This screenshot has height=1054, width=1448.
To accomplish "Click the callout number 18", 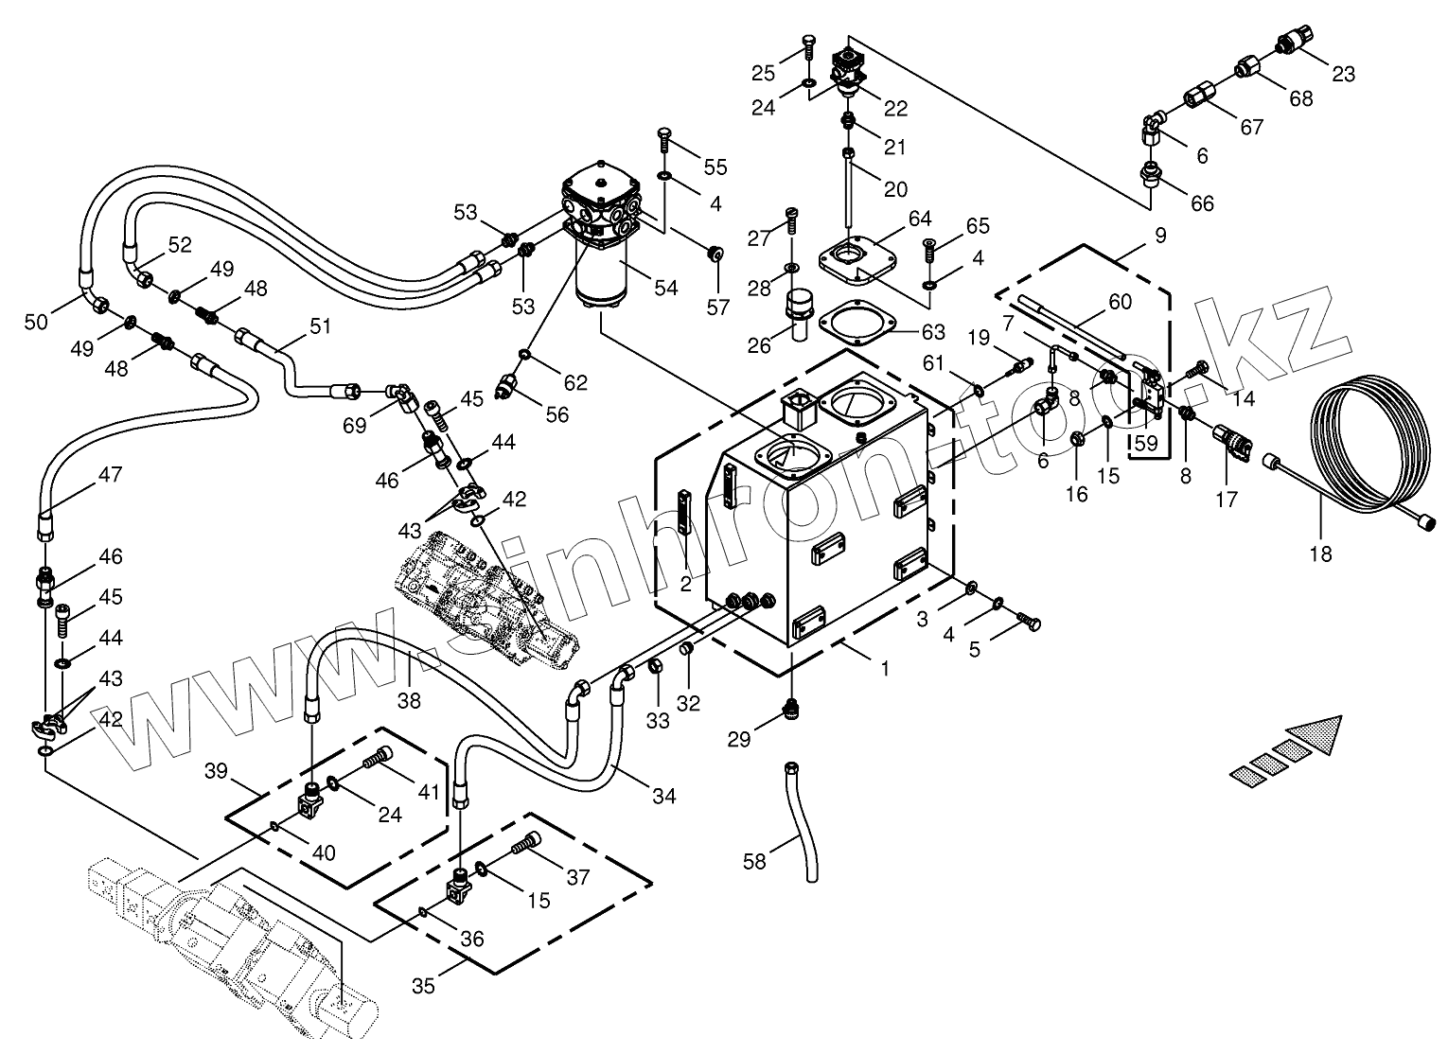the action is click(1320, 553).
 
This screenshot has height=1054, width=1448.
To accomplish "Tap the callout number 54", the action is click(666, 288).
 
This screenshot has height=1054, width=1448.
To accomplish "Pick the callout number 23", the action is click(1343, 75).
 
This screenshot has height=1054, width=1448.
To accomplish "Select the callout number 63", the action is click(933, 331).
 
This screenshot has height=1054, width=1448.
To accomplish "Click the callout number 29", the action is click(739, 739).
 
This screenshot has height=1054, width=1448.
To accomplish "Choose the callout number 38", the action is click(409, 700).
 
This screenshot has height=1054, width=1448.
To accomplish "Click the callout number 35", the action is click(423, 986).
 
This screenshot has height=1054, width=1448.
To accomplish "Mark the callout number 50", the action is click(36, 321).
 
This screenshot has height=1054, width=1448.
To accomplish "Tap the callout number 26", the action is click(759, 346).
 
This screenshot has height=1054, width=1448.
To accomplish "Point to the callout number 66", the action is click(1202, 203).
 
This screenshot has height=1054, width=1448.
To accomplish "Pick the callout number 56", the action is click(557, 414).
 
